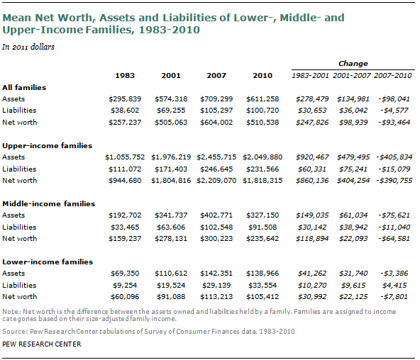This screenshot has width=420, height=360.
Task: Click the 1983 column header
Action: point(125,75)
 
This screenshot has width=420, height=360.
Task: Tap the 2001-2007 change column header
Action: point(350,75)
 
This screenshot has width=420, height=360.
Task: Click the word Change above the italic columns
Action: point(352,63)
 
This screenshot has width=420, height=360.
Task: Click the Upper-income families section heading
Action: point(47,145)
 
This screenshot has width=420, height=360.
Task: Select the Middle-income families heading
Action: point(48,203)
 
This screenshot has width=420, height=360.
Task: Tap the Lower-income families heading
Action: point(47,261)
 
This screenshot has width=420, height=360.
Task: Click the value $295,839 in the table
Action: point(126,99)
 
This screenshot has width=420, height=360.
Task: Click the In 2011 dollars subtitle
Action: point(29,47)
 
